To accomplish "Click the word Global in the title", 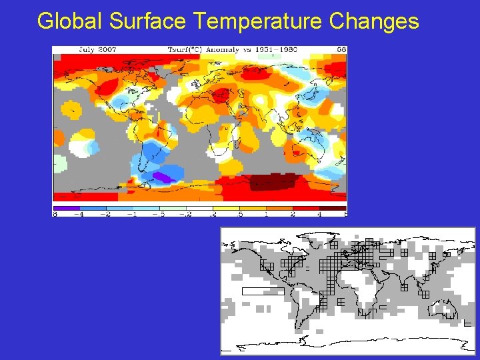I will (x=70, y=21).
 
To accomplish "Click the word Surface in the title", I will (x=148, y=21).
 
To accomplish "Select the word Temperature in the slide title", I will (x=258, y=21).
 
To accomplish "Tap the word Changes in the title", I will (x=375, y=21).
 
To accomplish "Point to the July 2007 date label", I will (x=79, y=50).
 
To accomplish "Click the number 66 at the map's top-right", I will (x=340, y=50).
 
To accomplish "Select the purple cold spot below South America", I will (x=162, y=177).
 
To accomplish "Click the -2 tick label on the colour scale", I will (x=106, y=215).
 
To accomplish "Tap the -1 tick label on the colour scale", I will (x=133, y=215).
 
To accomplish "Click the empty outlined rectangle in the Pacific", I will (x=263, y=291).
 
